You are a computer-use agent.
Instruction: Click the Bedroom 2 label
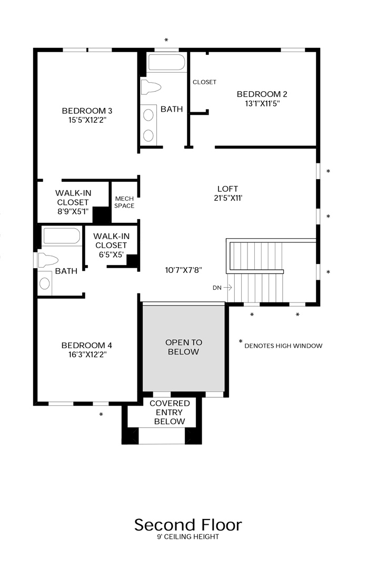click(x=262, y=94)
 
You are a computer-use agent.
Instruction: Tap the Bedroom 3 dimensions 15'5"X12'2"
click(x=87, y=120)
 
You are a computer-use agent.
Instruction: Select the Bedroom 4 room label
click(x=86, y=345)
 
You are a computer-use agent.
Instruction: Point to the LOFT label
click(x=227, y=189)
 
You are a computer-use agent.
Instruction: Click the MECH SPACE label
click(x=124, y=202)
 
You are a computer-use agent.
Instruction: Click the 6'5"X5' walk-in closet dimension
click(x=111, y=254)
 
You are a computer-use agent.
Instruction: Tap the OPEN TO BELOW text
click(x=183, y=347)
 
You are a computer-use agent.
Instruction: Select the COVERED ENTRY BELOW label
click(x=169, y=412)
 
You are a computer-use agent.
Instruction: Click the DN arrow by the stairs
click(x=227, y=288)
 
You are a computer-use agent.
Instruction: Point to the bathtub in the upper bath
click(x=166, y=63)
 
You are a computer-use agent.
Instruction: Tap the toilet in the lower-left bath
click(x=47, y=260)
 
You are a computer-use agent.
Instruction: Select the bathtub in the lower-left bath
click(x=61, y=237)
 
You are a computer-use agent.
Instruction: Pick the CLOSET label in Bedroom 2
click(x=204, y=82)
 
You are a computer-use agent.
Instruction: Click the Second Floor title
click(x=188, y=525)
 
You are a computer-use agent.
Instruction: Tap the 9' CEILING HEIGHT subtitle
click(x=187, y=537)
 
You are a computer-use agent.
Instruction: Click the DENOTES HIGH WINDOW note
click(x=283, y=346)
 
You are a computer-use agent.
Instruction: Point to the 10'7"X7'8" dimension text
click(x=184, y=269)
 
